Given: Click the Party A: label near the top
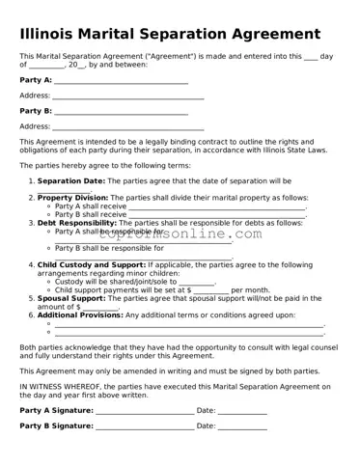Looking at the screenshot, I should pos(36,80).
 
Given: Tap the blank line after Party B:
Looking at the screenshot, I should pos(121,112).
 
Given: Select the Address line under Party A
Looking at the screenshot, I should pos(127,96).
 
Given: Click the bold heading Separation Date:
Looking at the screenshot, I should pos(71,180).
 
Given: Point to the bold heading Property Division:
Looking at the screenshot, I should pos(72,198).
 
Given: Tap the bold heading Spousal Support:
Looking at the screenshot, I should pos(72,298).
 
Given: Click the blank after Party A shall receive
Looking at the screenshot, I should pos(217,206).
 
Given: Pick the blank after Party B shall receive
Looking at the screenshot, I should pos(217,214).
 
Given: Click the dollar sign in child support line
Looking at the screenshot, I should pos(187,289).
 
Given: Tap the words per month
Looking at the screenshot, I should pos(251,289).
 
